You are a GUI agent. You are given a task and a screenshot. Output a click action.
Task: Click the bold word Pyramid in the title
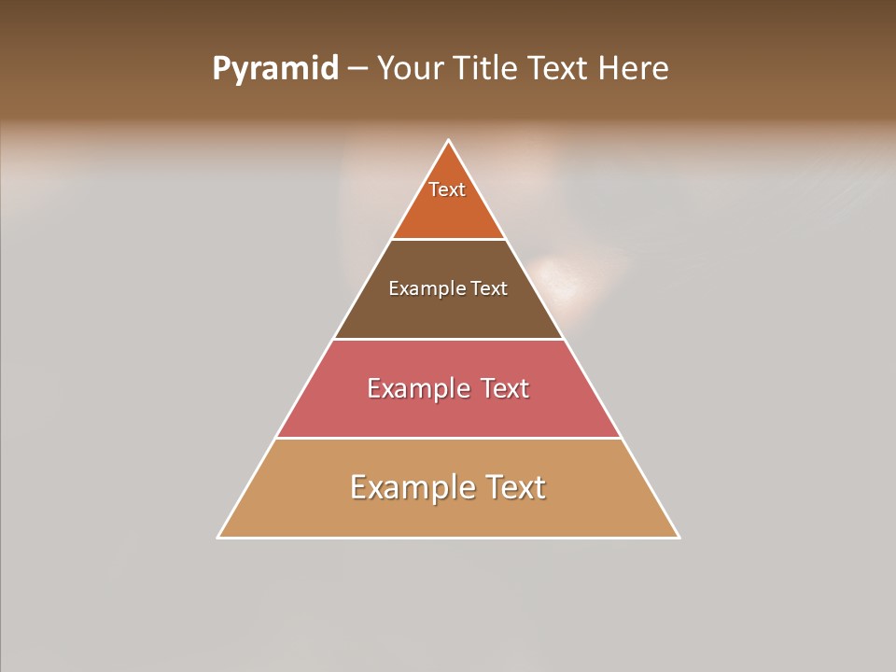click(275, 69)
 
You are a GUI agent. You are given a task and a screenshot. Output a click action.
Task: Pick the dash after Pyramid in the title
click(357, 69)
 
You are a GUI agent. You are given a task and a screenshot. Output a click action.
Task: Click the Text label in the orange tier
click(447, 189)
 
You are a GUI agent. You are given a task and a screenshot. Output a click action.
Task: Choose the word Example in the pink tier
click(417, 388)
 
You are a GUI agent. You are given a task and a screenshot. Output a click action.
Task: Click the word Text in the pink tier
click(504, 388)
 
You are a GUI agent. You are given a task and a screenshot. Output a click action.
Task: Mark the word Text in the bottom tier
click(513, 487)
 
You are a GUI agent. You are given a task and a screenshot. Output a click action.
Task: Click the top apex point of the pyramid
click(449, 140)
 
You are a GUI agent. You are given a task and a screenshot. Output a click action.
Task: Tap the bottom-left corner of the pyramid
click(218, 538)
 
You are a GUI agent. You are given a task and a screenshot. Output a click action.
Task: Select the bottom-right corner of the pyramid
click(679, 538)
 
